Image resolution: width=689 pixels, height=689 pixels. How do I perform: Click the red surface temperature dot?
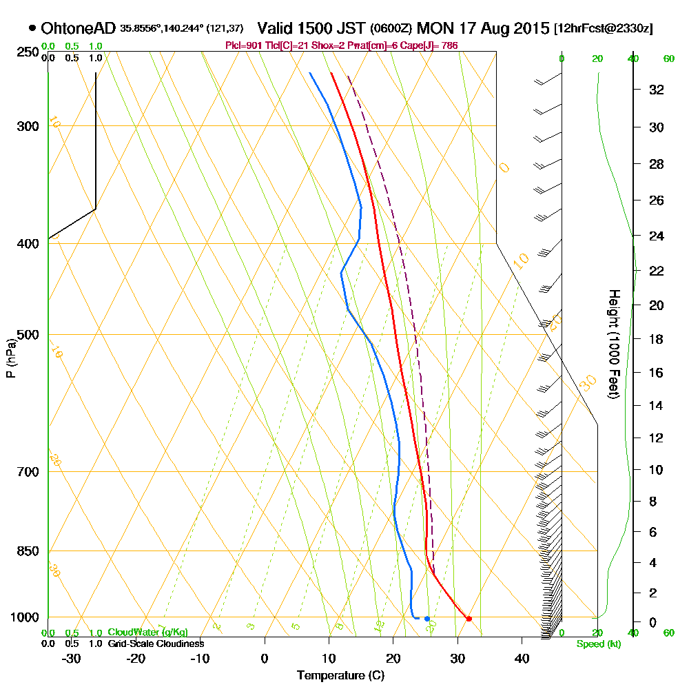tap(469, 618)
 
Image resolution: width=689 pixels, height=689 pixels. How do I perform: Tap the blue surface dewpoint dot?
tap(427, 618)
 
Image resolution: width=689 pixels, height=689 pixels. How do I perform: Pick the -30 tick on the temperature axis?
tap(72, 658)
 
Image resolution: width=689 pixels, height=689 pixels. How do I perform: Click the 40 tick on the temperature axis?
tap(522, 658)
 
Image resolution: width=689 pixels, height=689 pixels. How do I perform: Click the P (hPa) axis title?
tap(10, 358)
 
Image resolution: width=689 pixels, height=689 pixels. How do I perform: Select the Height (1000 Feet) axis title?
tap(613, 344)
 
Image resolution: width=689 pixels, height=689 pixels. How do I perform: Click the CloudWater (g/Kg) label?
tap(147, 632)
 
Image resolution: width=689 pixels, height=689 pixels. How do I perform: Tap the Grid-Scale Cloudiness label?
tap(156, 644)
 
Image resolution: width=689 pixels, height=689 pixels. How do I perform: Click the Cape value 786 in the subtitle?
tap(449, 45)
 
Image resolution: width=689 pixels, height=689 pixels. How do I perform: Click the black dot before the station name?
tap(32, 28)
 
